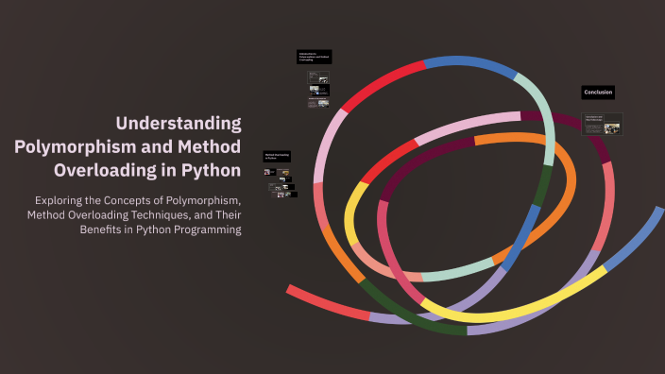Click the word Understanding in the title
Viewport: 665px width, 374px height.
(x=179, y=123)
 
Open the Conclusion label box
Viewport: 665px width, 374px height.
(x=598, y=92)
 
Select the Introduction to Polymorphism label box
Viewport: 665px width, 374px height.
(x=315, y=57)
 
